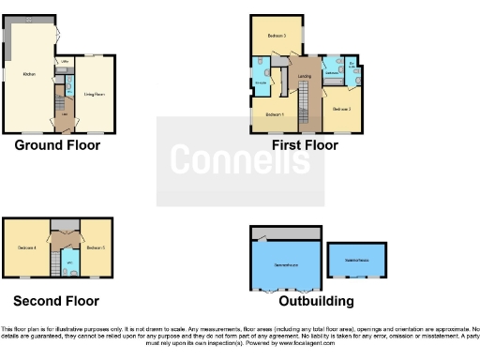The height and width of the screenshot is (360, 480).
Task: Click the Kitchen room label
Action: pyautogui.click(x=28, y=75)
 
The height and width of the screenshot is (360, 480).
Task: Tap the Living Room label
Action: pyautogui.click(x=94, y=94)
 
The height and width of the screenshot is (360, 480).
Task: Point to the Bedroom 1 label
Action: pyautogui.click(x=274, y=114)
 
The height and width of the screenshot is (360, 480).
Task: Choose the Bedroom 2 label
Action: pyautogui.click(x=342, y=109)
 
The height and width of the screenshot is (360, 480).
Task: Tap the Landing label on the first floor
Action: pyautogui.click(x=304, y=76)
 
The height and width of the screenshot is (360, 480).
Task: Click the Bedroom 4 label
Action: pyautogui.click(x=26, y=248)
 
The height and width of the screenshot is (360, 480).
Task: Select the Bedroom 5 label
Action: pyautogui.click(x=94, y=248)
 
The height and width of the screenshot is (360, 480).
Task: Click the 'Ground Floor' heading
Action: pyautogui.click(x=57, y=145)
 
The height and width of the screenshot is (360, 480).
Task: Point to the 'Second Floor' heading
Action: pyautogui.click(x=56, y=301)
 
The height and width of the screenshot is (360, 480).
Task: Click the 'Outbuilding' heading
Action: pyautogui.click(x=316, y=301)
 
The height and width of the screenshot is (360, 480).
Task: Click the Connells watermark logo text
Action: pyautogui.click(x=240, y=159)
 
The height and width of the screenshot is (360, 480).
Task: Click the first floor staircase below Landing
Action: pyautogui.click(x=304, y=108)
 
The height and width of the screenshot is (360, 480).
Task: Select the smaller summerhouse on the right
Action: pyautogui.click(x=356, y=260)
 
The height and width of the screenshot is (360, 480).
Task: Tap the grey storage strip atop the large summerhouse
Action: pyautogui.click(x=286, y=231)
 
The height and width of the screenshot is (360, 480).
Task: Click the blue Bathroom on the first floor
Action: pyautogui.click(x=331, y=70)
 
